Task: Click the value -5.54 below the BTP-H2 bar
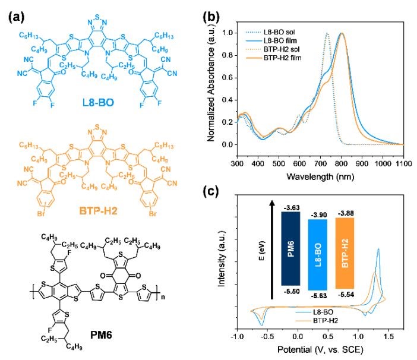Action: point(352,293)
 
